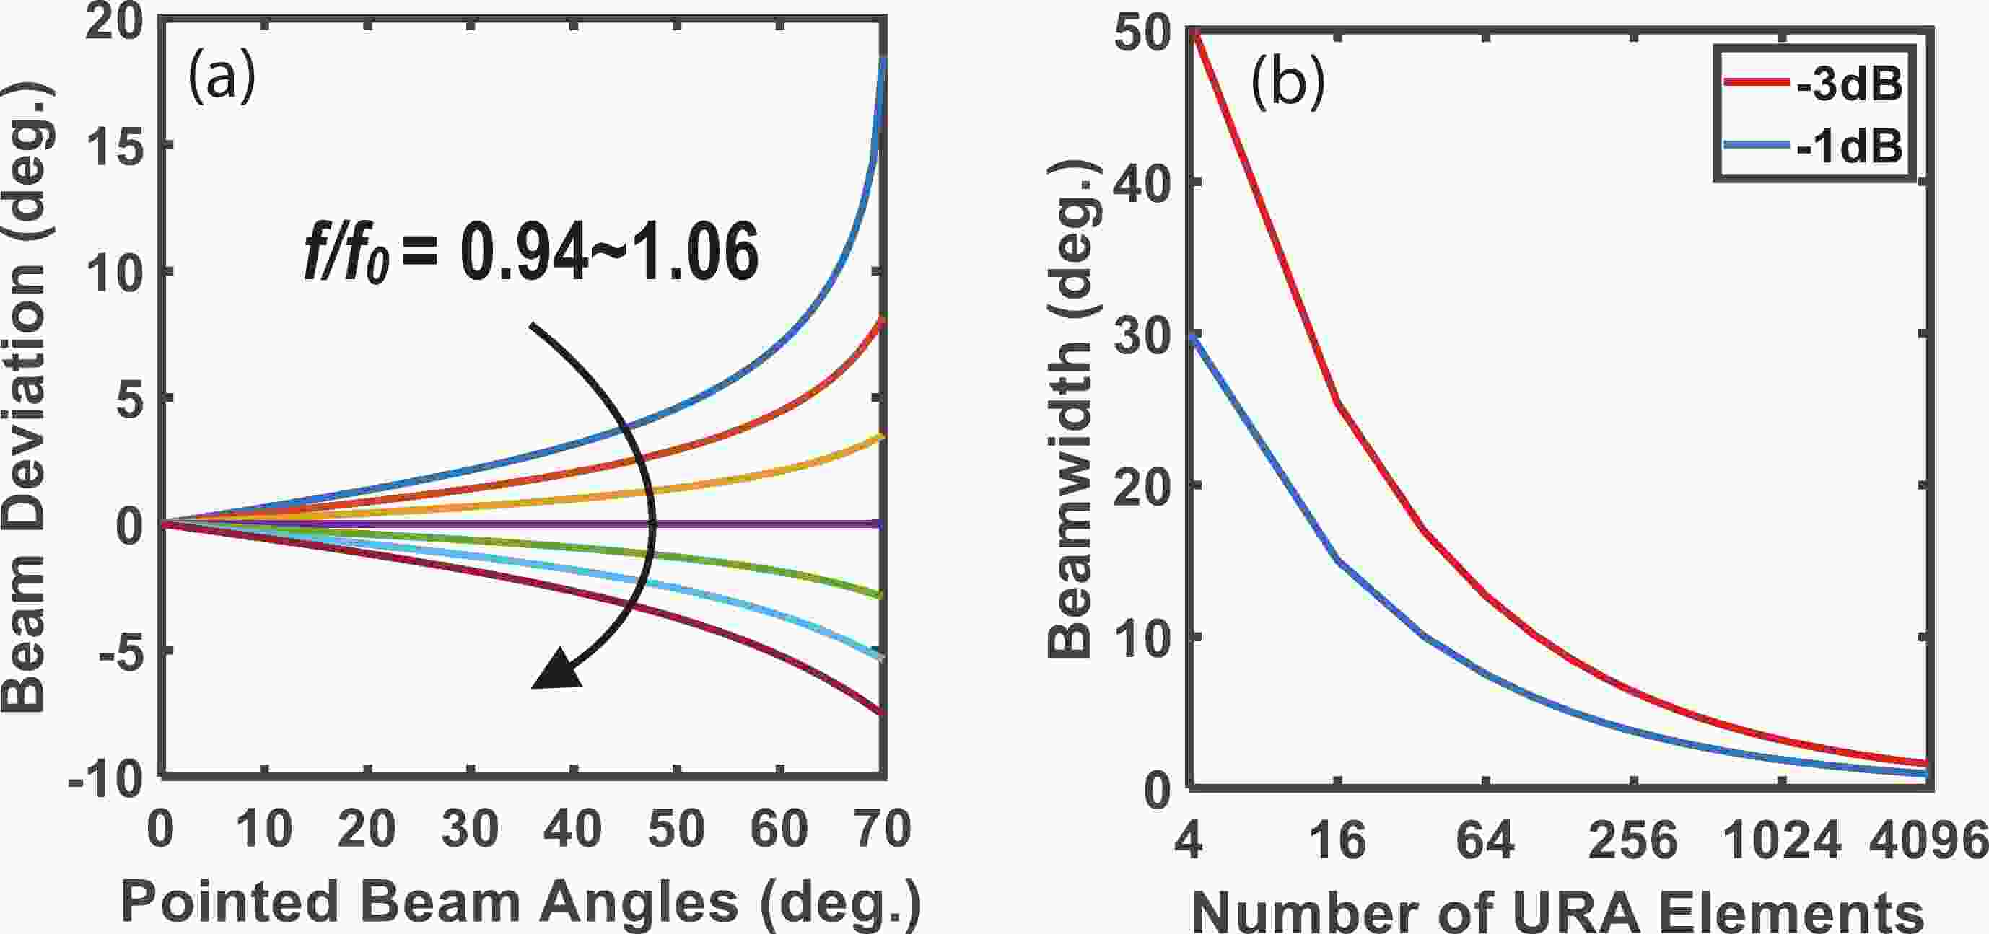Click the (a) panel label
click(x=222, y=79)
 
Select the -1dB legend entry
click(x=1811, y=144)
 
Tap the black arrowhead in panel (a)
click(x=557, y=670)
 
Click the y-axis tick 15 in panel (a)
click(x=115, y=145)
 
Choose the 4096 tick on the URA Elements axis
click(x=1927, y=840)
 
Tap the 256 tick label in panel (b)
click(x=1632, y=840)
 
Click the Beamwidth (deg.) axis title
click(x=1070, y=409)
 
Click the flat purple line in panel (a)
click(x=772, y=524)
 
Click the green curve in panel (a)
click(x=772, y=570)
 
